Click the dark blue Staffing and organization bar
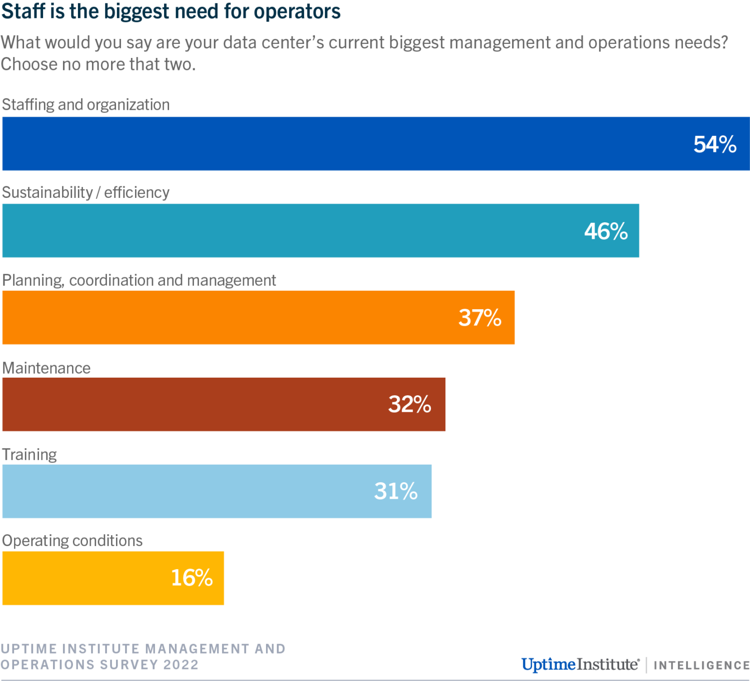[x=350, y=144]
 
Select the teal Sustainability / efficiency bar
[x=300, y=231]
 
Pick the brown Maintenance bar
[x=200, y=405]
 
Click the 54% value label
[x=714, y=144]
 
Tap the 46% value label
[x=606, y=231]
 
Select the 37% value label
[x=480, y=318]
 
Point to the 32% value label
[x=409, y=405]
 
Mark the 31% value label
[x=395, y=491]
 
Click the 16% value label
[x=192, y=578]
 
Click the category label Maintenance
[x=46, y=368]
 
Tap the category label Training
[x=29, y=455]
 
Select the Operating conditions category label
[x=72, y=541]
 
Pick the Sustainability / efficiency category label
[x=86, y=192]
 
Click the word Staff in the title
[x=23, y=11]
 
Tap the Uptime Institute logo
[x=580, y=665]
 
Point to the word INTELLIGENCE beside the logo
[x=701, y=666]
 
